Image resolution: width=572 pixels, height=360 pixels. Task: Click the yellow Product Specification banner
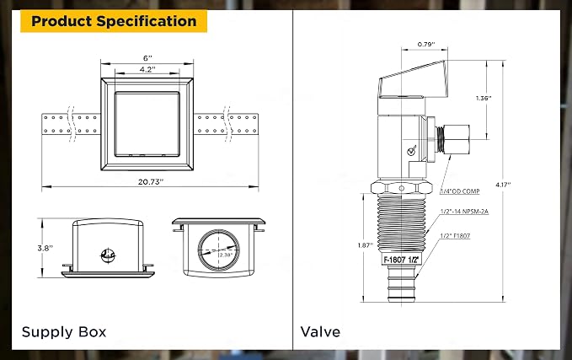pyautogui.click(x=114, y=21)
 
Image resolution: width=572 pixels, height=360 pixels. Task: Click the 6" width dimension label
pyautogui.click(x=147, y=58)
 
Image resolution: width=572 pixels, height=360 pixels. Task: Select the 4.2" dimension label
pyautogui.click(x=147, y=69)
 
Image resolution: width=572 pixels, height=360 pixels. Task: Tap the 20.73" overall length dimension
pyautogui.click(x=150, y=182)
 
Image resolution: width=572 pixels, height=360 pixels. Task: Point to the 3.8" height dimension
pyautogui.click(x=45, y=248)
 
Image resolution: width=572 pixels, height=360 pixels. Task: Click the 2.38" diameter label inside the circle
pyautogui.click(x=226, y=255)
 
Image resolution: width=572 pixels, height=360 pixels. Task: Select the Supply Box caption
pyautogui.click(x=64, y=332)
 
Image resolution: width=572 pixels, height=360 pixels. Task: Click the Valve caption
pyautogui.click(x=320, y=332)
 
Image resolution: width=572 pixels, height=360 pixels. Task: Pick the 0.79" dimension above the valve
pyautogui.click(x=426, y=45)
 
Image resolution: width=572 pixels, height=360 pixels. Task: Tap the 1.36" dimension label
pyautogui.click(x=484, y=98)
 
